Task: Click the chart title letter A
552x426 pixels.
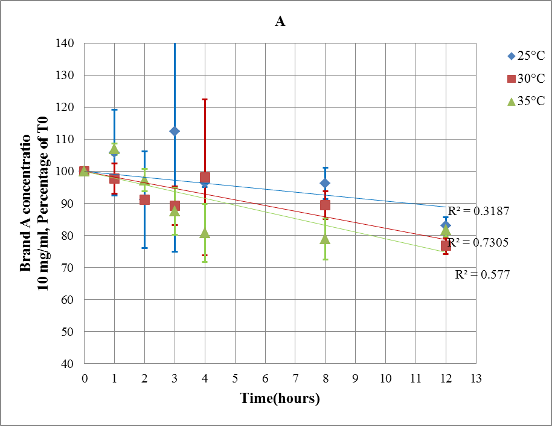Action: click(x=280, y=22)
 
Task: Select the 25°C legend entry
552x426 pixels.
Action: click(x=527, y=56)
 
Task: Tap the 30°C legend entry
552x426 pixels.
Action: click(x=527, y=79)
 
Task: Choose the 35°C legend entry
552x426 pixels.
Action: click(x=527, y=102)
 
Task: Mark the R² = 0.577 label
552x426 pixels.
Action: click(x=482, y=274)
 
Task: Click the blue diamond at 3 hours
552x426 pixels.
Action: click(x=175, y=131)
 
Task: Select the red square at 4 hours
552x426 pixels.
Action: click(x=205, y=178)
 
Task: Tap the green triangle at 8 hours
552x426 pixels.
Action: click(x=325, y=239)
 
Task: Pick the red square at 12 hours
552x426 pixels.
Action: click(x=446, y=245)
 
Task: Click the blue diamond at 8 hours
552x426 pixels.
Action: click(x=325, y=183)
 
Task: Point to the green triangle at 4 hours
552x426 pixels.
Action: click(x=205, y=233)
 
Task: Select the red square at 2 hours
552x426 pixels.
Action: click(x=144, y=199)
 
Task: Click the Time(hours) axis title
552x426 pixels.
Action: click(x=280, y=398)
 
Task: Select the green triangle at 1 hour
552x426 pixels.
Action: click(x=114, y=149)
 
